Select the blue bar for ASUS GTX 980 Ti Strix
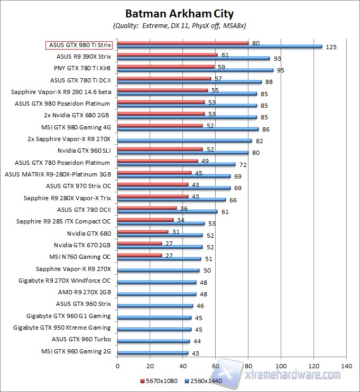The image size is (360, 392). click(219, 46)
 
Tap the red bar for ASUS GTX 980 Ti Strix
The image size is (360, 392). click(182, 43)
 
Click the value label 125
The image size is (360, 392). click(331, 47)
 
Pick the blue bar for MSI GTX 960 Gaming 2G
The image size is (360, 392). click(152, 352)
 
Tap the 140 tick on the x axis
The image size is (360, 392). click(346, 365)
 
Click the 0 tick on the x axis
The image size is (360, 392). click(117, 365)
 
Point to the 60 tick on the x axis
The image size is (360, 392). click(216, 365)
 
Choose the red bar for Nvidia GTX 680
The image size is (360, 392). click(143, 231)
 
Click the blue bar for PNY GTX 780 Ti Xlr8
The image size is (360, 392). click(195, 70)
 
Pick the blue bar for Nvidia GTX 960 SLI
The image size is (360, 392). click(182, 152)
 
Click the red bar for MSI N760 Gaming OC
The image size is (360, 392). click(140, 255)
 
